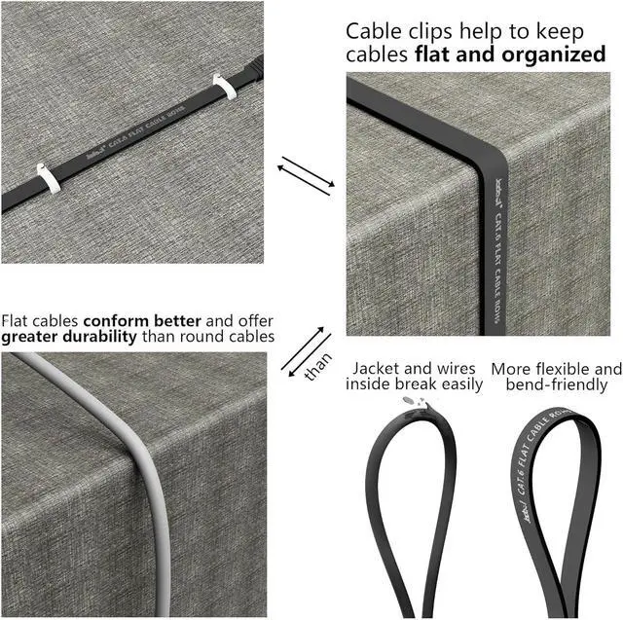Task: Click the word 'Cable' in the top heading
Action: (x=375, y=31)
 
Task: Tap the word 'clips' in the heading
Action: (x=437, y=31)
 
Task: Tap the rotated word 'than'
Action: (x=317, y=366)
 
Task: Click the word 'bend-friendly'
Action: (x=556, y=384)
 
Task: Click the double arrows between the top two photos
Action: (x=305, y=179)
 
